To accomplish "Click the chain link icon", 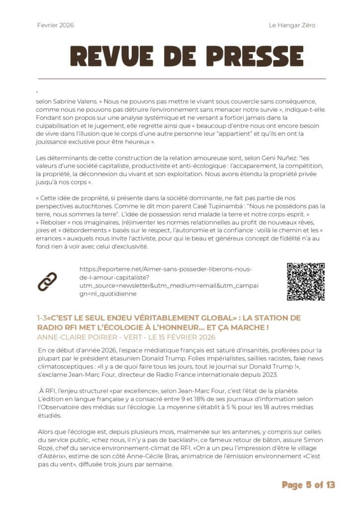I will [47, 282].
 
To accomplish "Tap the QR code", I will [305, 282].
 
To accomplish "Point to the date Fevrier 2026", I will [55, 25].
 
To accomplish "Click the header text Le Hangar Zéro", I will [292, 25].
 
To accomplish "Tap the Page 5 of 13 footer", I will [308, 485].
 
